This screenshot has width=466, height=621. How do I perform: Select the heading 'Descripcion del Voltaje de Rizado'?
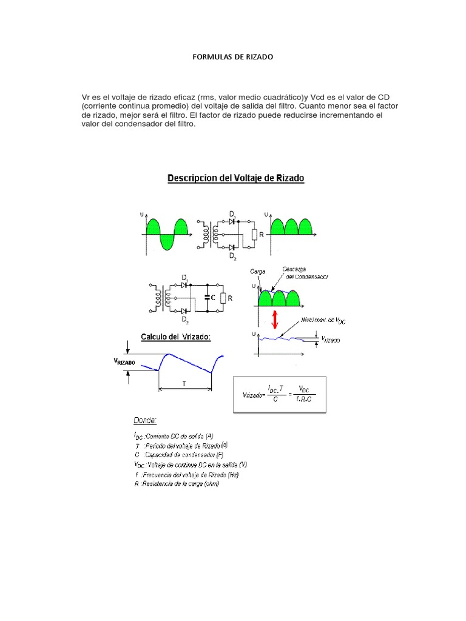click(x=235, y=178)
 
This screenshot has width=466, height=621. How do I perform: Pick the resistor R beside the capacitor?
click(x=223, y=298)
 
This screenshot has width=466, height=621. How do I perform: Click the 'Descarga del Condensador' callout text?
click(x=303, y=272)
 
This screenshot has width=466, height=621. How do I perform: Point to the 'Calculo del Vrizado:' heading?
click(x=176, y=337)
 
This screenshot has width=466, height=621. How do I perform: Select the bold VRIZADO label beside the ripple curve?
click(x=124, y=363)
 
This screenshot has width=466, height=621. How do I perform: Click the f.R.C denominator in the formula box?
click(x=304, y=399)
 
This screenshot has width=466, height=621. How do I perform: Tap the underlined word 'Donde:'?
click(x=146, y=420)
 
